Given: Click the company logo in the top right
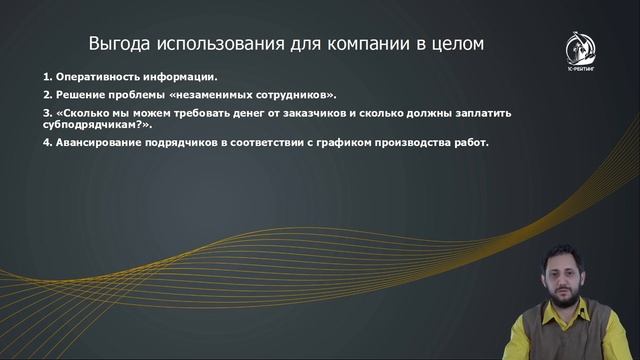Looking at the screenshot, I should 580,51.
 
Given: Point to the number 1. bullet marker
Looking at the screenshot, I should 48,77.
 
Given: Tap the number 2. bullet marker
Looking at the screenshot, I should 48,94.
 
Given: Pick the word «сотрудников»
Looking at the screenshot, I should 294,94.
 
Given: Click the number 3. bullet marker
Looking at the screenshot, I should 48,112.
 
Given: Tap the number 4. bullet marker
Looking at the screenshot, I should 48,142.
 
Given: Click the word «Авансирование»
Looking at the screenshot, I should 97,142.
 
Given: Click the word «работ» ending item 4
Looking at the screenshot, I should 468,142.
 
